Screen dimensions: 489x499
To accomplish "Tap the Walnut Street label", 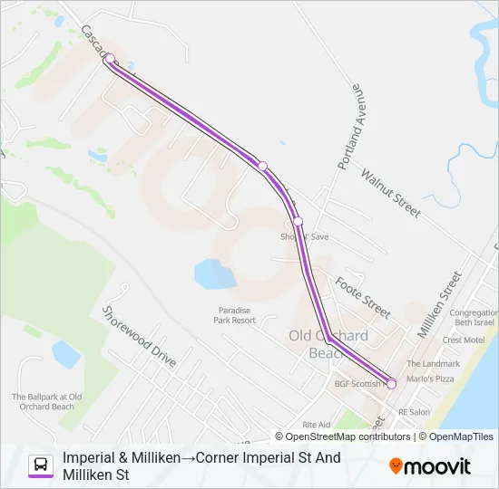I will point(391,192).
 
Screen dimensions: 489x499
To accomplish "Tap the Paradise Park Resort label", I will point(233,315).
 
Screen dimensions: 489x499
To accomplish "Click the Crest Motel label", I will point(464,340).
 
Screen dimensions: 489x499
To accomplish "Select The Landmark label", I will point(433,363).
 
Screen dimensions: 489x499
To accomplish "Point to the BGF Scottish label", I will point(357,384).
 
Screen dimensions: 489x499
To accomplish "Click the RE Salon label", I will point(414,412).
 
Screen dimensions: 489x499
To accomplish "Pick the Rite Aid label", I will point(317,424).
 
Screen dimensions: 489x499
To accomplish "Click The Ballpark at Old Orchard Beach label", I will point(47,401).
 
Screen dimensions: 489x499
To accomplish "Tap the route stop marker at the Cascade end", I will point(110,59).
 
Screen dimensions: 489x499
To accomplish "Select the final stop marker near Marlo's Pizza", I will point(392,384).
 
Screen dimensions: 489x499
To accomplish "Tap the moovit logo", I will point(430,466).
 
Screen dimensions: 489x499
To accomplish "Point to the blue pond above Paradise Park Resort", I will point(210,272).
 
